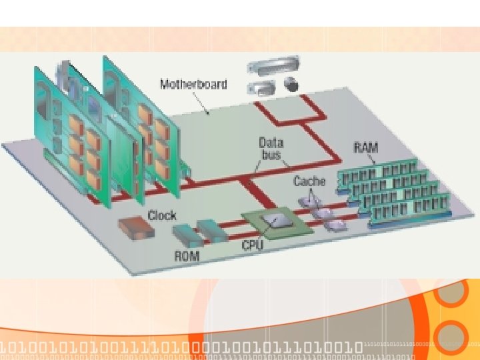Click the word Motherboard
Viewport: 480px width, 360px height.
coord(193,85)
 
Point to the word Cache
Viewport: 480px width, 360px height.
coord(309,181)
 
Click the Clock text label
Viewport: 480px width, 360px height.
coord(162,215)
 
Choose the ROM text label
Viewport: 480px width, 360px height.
coord(187,255)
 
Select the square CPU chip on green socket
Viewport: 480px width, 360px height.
coord(274,221)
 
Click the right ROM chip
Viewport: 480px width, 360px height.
coord(213,230)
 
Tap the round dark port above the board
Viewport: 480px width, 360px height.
coord(291,84)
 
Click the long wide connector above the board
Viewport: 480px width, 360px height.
coord(269,67)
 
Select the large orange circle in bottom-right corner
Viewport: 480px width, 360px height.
coord(453,333)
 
